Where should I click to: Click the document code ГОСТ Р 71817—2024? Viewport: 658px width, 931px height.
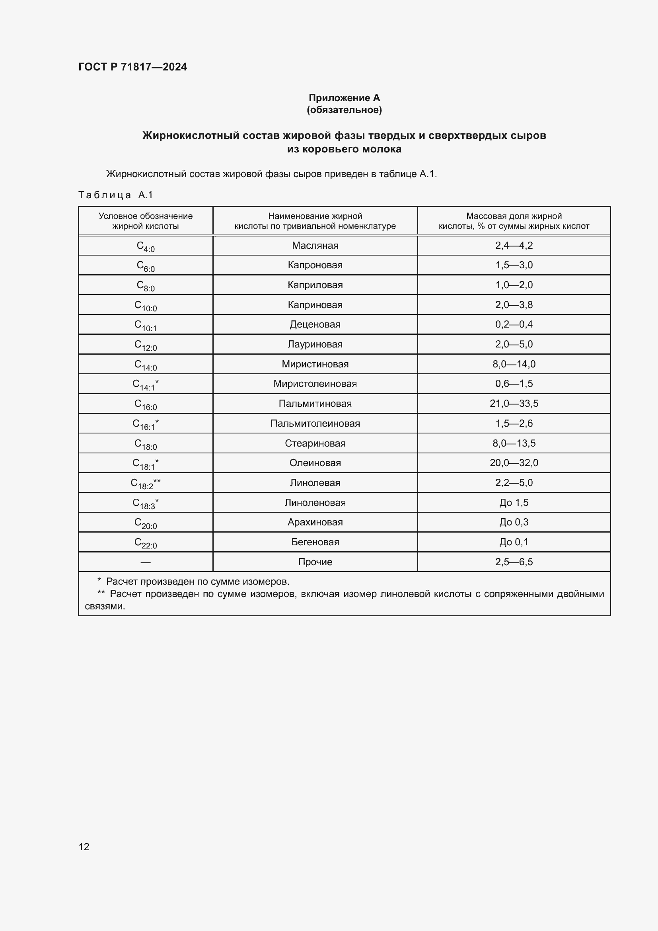click(132, 67)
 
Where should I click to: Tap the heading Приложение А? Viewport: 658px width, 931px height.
click(344, 98)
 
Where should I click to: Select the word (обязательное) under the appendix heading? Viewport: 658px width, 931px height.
click(344, 110)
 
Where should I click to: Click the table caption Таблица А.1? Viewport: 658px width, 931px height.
click(115, 195)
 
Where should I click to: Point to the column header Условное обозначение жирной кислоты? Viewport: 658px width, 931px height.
click(146, 221)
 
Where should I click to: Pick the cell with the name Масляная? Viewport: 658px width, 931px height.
click(315, 245)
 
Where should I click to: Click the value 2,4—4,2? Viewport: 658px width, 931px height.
click(514, 245)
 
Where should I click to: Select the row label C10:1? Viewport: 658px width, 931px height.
click(146, 325)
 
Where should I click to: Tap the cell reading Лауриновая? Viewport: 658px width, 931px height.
click(315, 344)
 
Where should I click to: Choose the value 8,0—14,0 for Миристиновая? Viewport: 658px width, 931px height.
click(514, 364)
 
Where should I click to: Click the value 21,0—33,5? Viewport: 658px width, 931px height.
click(514, 404)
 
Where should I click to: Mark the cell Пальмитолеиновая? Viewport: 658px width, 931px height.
click(315, 424)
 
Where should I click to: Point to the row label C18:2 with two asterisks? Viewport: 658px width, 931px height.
click(146, 483)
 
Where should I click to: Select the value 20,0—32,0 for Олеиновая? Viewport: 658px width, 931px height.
click(514, 463)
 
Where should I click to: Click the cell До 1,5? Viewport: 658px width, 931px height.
click(514, 503)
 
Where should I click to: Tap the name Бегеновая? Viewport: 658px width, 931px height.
click(315, 542)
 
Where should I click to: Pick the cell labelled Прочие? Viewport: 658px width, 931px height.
click(315, 562)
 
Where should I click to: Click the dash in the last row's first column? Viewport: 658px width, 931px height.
click(146, 562)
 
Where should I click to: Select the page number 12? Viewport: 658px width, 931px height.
click(84, 847)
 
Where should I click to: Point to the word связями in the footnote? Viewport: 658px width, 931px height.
click(105, 607)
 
